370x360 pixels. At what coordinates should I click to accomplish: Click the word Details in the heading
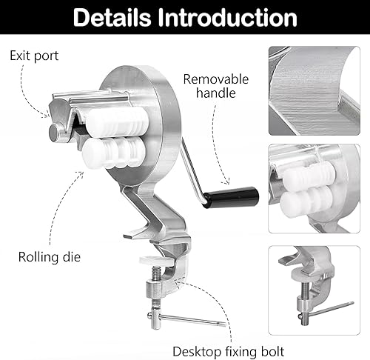click(112, 17)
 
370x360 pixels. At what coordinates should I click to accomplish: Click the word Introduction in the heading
click(227, 17)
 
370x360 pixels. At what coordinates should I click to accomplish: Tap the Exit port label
click(34, 56)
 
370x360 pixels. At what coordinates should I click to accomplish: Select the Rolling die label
click(50, 257)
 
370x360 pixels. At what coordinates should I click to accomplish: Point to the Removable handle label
click(216, 86)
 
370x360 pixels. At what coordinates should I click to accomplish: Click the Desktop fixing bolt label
click(229, 351)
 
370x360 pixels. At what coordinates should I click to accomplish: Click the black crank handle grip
click(232, 198)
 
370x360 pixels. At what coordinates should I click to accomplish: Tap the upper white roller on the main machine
click(118, 121)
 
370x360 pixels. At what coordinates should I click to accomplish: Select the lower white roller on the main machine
click(114, 153)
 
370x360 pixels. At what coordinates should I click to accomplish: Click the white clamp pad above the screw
click(154, 261)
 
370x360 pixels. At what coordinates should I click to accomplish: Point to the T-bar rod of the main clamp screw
click(186, 319)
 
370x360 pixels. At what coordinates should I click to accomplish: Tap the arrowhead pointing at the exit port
click(47, 115)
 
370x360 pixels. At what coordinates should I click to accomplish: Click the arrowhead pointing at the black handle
click(226, 182)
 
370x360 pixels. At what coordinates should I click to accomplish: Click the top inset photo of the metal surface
click(314, 90)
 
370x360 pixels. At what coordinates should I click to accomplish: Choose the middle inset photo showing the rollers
click(314, 189)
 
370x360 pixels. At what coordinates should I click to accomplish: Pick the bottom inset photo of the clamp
click(314, 290)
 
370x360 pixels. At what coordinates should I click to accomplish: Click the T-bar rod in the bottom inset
click(326, 310)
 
